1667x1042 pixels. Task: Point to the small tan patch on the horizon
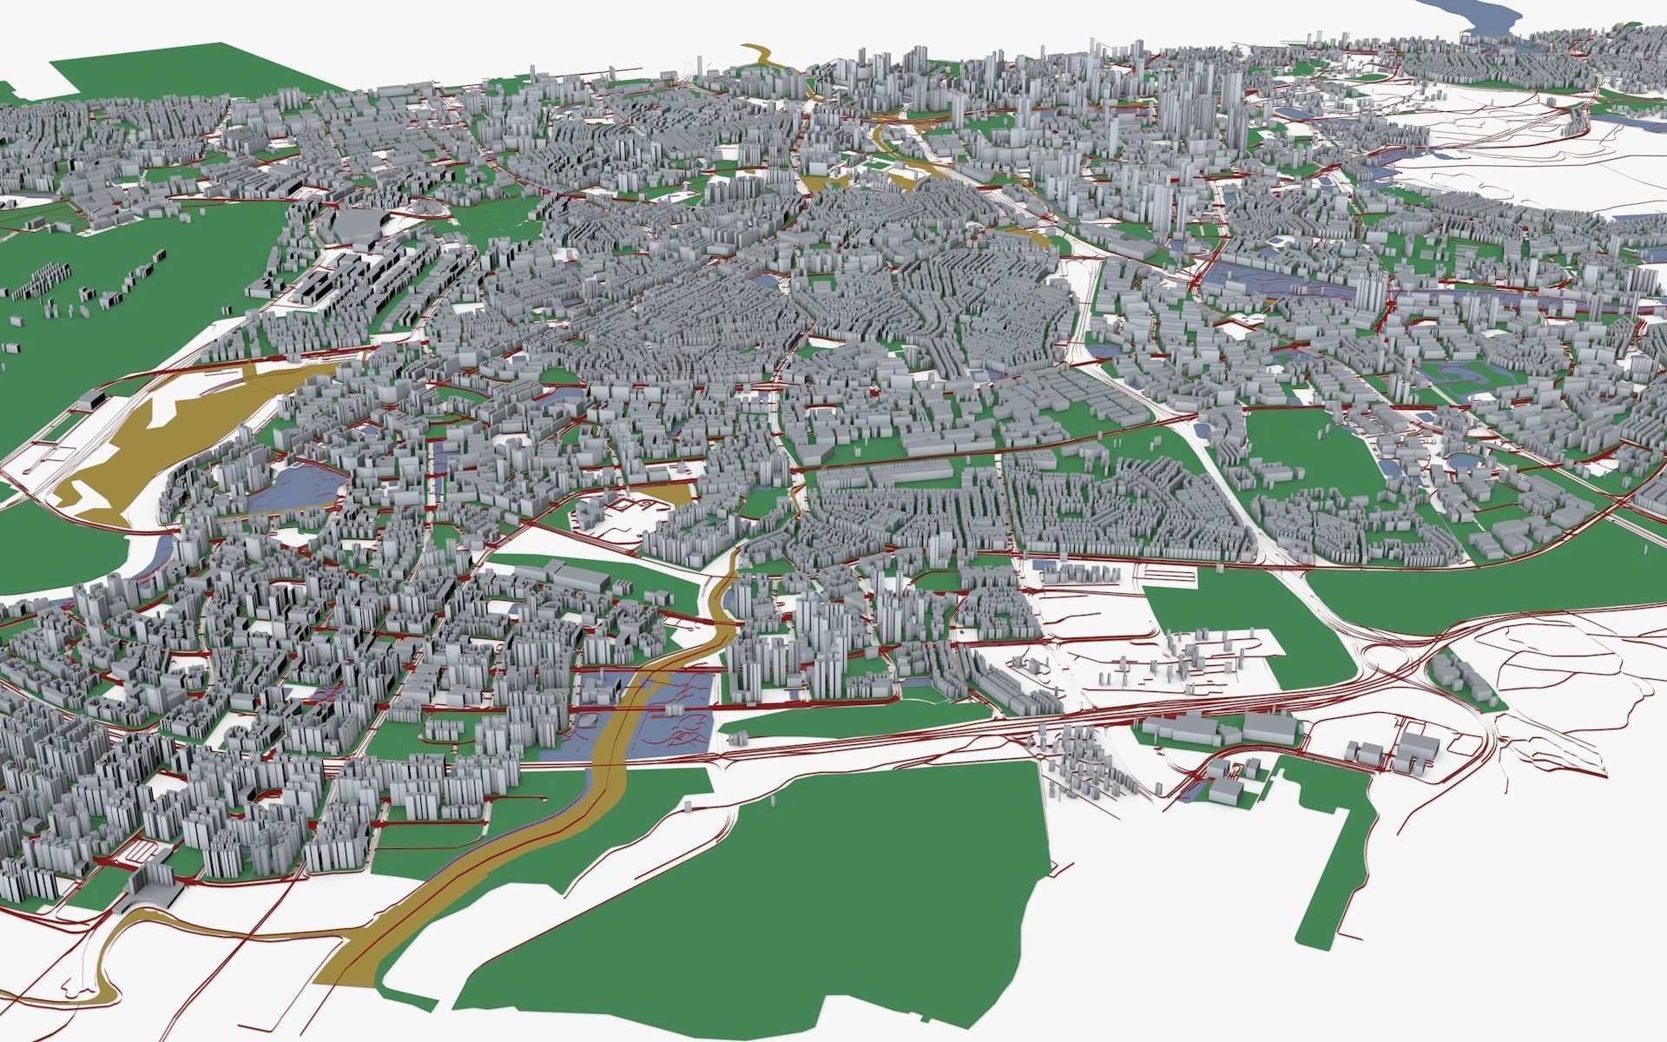(760, 54)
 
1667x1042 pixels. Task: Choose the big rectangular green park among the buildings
(1302, 452)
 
